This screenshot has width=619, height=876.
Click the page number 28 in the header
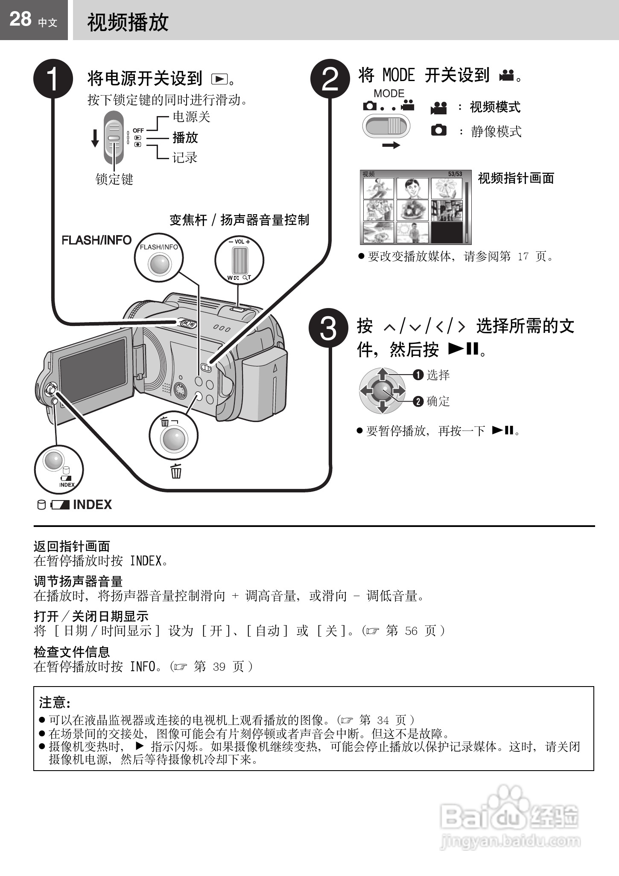point(20,19)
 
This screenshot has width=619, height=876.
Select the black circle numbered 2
point(330,79)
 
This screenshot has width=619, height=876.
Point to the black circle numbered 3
point(328,328)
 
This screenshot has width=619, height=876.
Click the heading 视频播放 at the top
point(128,22)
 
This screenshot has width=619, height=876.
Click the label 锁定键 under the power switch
point(114,179)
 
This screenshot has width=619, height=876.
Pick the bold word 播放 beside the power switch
point(185,137)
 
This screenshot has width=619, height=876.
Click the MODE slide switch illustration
point(386,127)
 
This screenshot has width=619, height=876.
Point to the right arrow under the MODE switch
point(391,146)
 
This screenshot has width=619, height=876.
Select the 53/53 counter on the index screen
point(455,174)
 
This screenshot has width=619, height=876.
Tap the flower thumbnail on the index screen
point(446,188)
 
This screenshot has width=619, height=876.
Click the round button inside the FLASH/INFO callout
point(160,264)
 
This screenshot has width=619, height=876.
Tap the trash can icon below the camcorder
point(176,471)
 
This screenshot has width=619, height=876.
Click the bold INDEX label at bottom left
point(92,505)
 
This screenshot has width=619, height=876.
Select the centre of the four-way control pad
point(382,390)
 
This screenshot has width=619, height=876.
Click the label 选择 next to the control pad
point(438,375)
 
